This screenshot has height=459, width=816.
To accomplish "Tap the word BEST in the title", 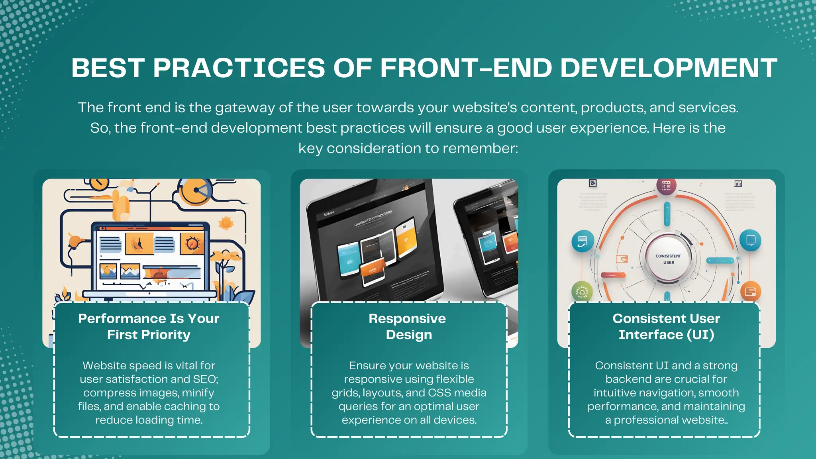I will tap(108, 68).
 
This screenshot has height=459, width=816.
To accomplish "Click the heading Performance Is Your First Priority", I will tap(149, 326).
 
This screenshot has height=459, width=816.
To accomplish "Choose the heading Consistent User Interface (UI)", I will tap(666, 326).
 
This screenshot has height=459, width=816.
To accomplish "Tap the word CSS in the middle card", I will tap(439, 393).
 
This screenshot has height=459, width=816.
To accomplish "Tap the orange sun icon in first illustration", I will tap(226, 223).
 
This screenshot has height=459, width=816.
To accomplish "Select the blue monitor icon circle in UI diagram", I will tap(750, 240).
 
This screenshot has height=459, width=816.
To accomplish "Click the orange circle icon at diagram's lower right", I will tap(750, 292).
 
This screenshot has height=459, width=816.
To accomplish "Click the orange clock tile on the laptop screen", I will tap(139, 243).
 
